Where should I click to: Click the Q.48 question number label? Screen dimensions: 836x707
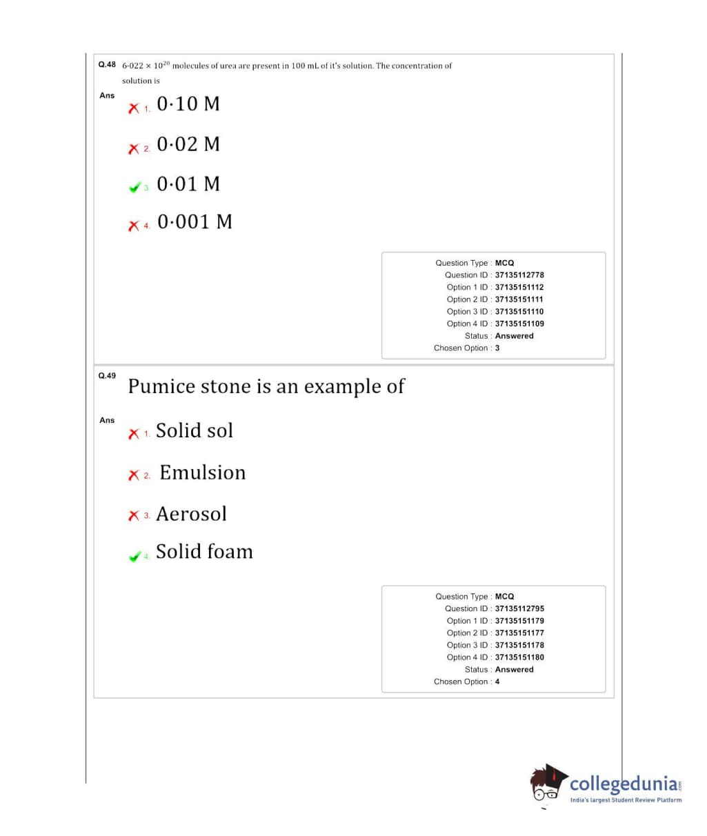point(107,64)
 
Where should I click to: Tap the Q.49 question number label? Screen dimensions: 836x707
point(107,376)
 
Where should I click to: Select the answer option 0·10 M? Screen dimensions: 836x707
point(188,104)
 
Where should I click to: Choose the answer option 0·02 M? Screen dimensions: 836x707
point(188,144)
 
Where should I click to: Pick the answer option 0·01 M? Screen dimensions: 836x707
point(188,184)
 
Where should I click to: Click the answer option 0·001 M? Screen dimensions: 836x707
point(195,222)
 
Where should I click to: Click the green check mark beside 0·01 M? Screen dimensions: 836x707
point(135,187)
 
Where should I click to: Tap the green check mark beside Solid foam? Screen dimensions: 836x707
point(135,556)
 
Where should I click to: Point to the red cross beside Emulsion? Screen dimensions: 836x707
point(134,475)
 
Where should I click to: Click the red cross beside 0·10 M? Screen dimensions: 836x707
point(134,108)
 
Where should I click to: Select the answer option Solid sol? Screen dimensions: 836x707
point(195,430)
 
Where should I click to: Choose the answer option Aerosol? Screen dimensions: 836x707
point(191,514)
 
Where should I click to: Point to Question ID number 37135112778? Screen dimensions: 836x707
point(519,275)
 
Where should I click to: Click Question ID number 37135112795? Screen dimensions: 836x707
point(519,609)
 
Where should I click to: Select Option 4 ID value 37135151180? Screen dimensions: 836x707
point(519,657)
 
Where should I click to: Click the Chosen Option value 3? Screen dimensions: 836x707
point(497,348)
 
